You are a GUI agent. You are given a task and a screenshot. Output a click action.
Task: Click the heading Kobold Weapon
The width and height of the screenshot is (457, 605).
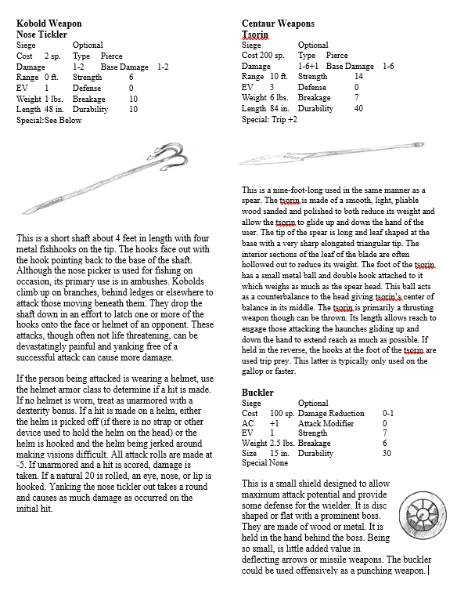[49, 24]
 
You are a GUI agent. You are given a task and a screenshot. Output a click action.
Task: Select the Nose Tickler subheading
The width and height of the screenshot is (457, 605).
[41, 34]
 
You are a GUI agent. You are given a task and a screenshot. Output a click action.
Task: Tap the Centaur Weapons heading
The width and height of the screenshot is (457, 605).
[278, 24]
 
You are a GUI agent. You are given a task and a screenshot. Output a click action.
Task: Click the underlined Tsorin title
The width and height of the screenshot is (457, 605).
[255, 34]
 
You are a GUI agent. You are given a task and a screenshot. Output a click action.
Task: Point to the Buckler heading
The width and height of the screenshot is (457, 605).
[257, 392]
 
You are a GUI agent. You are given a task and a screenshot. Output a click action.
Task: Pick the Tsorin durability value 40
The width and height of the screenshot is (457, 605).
[358, 109]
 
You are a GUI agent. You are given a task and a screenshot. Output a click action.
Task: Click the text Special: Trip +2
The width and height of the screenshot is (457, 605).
[269, 120]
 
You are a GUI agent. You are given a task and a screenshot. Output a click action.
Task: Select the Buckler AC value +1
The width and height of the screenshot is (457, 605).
[275, 422]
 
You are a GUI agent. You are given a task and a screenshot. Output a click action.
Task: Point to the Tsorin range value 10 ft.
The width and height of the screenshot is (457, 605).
[279, 77]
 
